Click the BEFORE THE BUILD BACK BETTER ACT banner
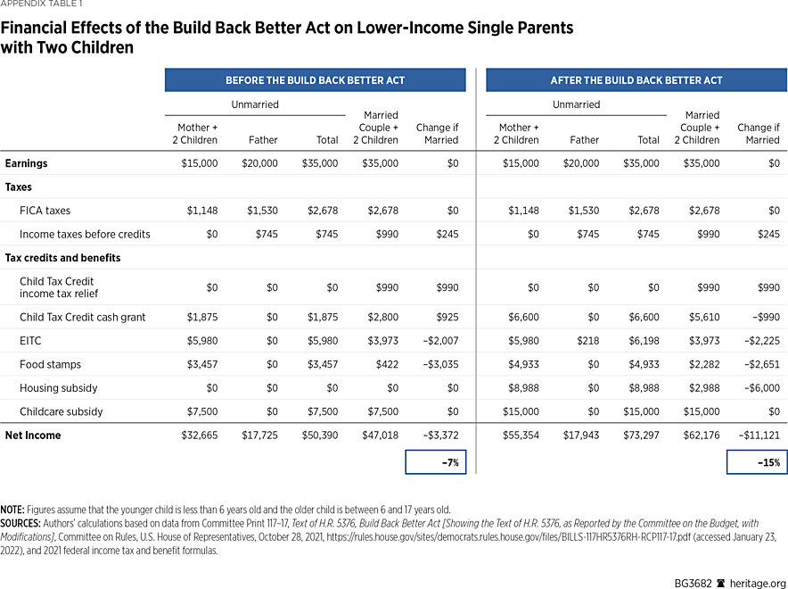315,80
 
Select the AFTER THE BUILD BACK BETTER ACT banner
636,80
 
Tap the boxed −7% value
436,462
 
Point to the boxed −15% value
757,462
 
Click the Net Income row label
33,436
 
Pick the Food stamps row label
50,364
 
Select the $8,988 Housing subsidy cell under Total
641,388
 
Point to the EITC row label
30,341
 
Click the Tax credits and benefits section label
62,258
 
